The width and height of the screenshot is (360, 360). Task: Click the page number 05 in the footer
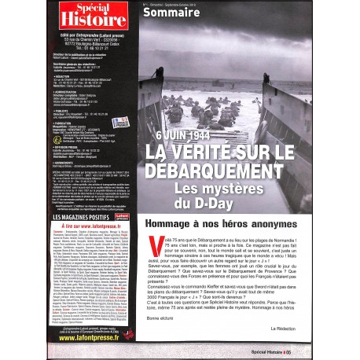(x=342, y=350)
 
